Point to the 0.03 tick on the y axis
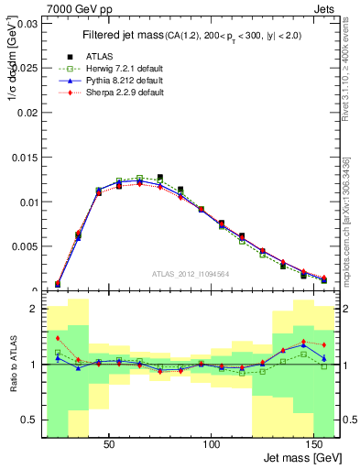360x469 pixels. point(25,24)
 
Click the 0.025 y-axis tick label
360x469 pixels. point(22,69)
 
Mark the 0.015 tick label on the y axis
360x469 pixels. point(22,158)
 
